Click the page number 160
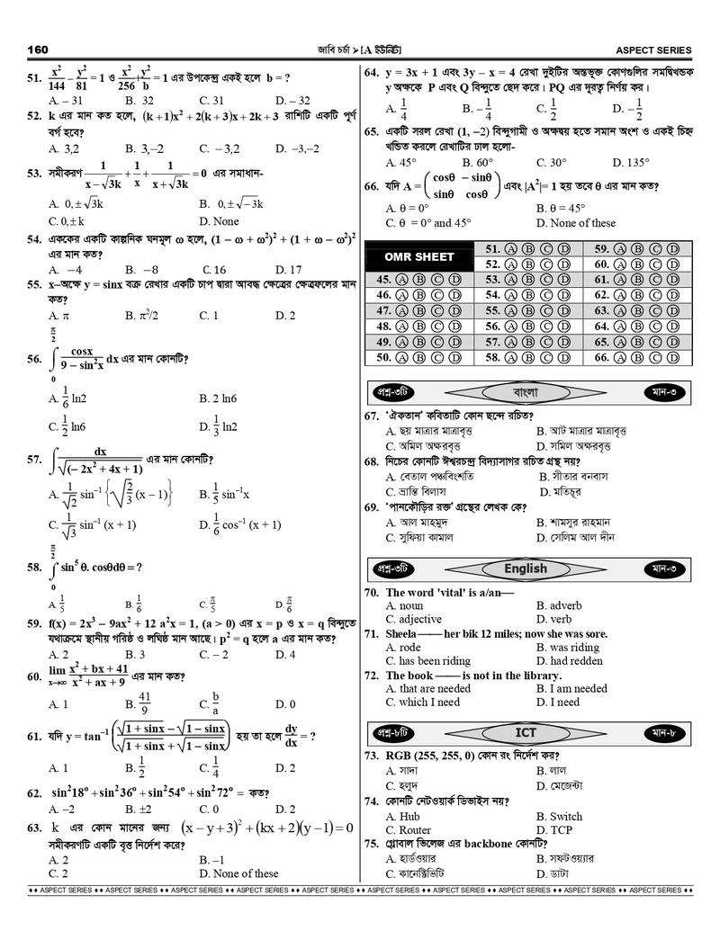[x=38, y=49]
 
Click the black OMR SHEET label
[x=420, y=257]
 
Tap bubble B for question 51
[x=528, y=249]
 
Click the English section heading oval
[x=526, y=568]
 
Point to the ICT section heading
[x=526, y=731]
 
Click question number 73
[x=371, y=756]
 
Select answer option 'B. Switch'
[x=559, y=817]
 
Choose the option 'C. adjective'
[x=414, y=620]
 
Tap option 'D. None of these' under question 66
[x=576, y=223]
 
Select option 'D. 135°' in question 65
[x=630, y=163]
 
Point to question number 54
[x=35, y=240]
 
